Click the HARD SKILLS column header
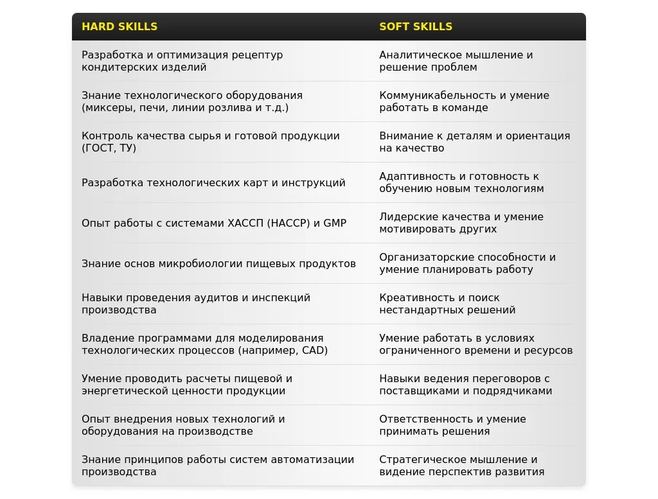coord(120,26)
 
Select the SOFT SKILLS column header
coord(416,26)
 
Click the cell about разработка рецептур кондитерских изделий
coord(182,61)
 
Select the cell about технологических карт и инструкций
coord(213,182)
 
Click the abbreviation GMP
coord(334,223)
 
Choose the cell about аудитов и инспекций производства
coord(196,304)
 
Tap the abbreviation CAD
coord(313,351)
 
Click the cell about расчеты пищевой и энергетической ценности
coord(186,385)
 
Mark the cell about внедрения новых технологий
coord(183,425)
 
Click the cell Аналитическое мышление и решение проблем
coord(456,61)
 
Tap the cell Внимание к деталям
coord(474,142)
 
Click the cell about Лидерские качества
coord(461,223)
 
